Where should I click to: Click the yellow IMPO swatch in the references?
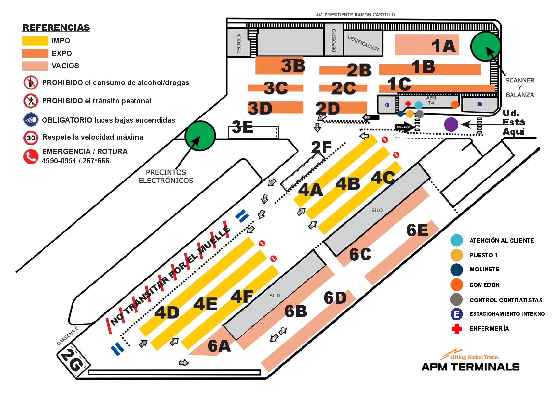point(35,41)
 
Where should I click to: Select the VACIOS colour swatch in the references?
point(35,66)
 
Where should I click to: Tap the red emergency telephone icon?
point(31,156)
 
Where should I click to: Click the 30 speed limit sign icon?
point(31,138)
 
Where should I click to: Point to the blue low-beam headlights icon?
point(31,120)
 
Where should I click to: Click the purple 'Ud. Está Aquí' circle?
point(451,124)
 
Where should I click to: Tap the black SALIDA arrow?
point(404,127)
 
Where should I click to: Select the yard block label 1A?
point(444,46)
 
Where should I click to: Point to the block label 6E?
point(417,230)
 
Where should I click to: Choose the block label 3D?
point(260,109)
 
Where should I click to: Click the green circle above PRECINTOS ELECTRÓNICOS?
point(200,136)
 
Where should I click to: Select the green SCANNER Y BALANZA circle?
point(485,46)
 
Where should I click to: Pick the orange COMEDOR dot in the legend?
point(456,284)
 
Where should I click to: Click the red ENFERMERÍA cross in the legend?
point(457,329)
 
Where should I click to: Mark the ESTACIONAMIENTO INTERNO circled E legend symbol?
point(456,314)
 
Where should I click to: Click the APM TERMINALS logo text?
point(471,367)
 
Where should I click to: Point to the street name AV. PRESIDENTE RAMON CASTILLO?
point(355,15)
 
